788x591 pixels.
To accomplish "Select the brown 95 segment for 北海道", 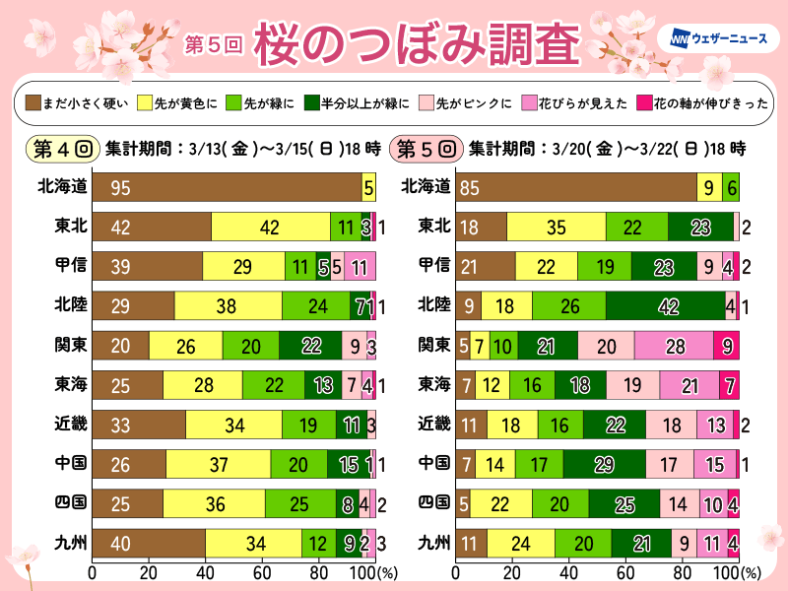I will point(227,186).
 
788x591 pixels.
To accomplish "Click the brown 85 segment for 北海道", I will point(576,186).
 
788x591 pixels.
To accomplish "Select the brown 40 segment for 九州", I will point(148,543).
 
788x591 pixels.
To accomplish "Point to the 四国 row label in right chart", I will point(434,503).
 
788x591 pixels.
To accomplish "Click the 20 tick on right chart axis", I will point(512,571).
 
